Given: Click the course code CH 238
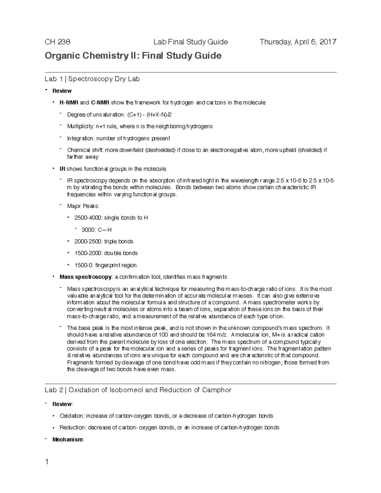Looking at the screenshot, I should pos(57,42).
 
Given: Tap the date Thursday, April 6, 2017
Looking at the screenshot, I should pos(298,42).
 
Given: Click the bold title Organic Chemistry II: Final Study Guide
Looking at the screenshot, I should pos(133,56).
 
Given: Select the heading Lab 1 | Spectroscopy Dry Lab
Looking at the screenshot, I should pos(92,79).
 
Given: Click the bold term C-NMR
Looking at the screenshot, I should pos(100,103).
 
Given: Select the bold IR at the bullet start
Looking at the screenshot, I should pos(62,169).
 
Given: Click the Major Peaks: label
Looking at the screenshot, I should pos(83,206).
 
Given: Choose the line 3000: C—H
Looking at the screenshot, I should pos(97,230).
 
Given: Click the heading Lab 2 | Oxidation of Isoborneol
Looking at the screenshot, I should pos(138,390).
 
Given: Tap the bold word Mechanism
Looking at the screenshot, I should pos(68,440).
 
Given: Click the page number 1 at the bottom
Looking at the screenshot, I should pos(47,462).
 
